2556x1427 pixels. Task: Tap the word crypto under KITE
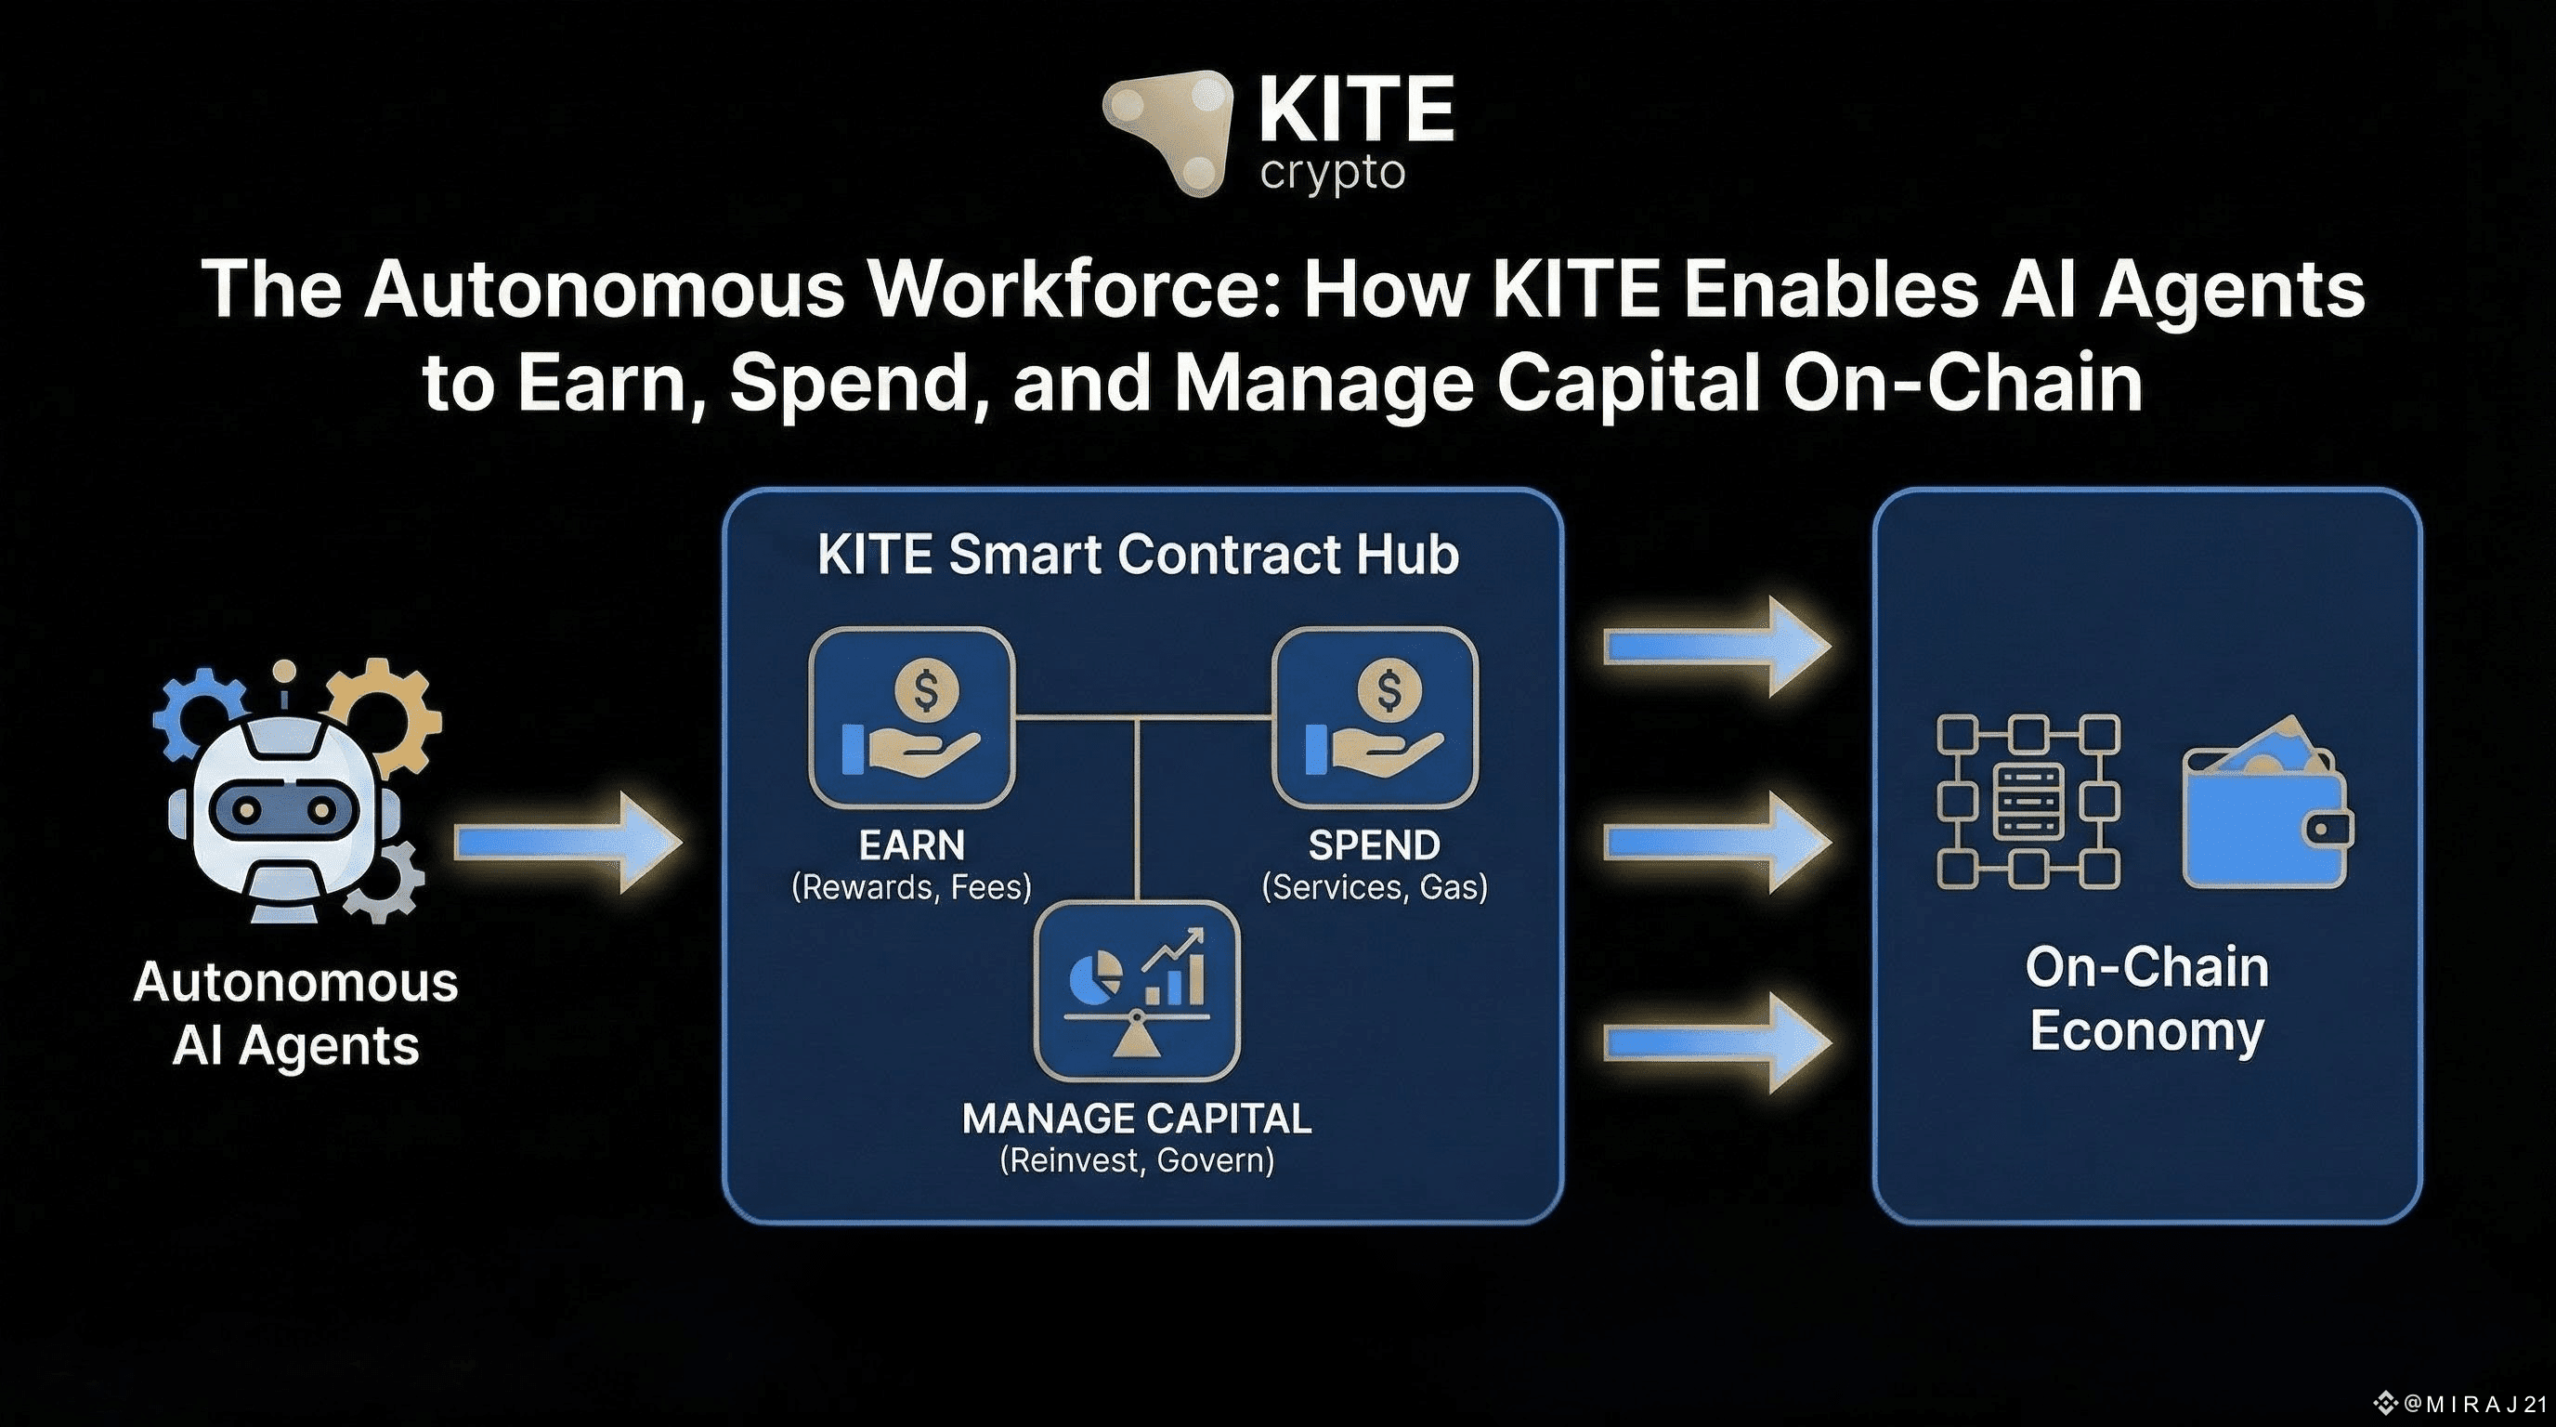pos(1333,175)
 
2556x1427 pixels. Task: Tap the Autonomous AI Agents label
pos(295,1014)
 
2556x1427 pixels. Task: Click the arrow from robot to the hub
pos(567,843)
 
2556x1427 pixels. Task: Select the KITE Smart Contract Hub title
pos(1137,554)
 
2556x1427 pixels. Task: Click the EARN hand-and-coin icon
pos(911,716)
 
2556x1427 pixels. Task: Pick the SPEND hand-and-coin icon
pos(1375,716)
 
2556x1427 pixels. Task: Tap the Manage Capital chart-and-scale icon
pos(1137,990)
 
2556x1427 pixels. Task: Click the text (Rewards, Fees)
pos(911,886)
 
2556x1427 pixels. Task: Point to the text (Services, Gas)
pos(1375,886)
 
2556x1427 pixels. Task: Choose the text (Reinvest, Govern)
pos(1137,1160)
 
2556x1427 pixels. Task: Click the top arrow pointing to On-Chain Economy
pos(1716,647)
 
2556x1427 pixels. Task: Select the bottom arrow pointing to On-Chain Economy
pos(1716,1042)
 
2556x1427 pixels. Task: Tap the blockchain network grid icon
pos(2028,801)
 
